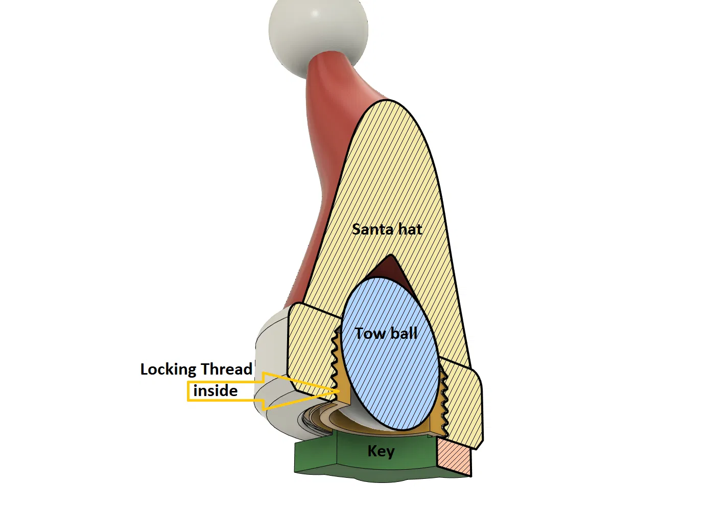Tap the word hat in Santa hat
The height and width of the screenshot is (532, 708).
410,229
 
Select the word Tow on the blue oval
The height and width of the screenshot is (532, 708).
370,334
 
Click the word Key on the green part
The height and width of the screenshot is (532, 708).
381,451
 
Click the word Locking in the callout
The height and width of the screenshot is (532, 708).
168,369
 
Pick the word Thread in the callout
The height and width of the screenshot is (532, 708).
226,369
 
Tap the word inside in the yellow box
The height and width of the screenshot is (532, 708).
215,391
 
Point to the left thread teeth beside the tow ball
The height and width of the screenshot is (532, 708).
336,358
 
